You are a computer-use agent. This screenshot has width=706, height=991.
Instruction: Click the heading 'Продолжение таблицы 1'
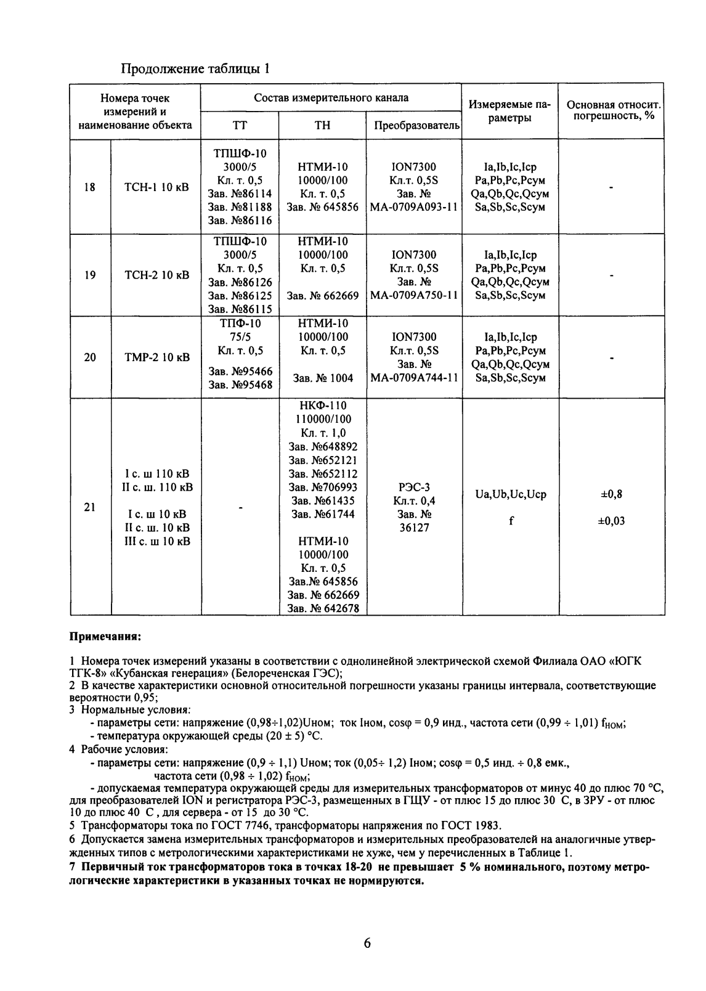[x=195, y=68]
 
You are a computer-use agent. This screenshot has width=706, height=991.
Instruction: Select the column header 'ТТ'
[x=240, y=126]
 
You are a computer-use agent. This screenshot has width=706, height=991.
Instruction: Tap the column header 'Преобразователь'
[x=417, y=126]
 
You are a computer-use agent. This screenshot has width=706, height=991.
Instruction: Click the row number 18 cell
[x=90, y=187]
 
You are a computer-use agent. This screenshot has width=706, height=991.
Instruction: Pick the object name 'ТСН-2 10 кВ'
[x=157, y=275]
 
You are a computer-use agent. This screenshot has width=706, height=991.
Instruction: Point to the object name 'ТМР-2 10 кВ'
[x=157, y=357]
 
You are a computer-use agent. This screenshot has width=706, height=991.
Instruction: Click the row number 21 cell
[x=90, y=507]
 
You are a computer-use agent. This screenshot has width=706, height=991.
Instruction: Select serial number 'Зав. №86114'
[x=240, y=194]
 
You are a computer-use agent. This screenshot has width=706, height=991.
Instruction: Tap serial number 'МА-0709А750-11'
[x=414, y=296]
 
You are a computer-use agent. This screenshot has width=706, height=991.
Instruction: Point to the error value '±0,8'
[x=611, y=494]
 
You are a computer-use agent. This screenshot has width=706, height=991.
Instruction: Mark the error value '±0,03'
[x=611, y=521]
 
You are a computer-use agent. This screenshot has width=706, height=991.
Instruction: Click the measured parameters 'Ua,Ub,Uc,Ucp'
[x=511, y=494]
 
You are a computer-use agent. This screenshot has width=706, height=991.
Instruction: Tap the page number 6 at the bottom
[x=367, y=944]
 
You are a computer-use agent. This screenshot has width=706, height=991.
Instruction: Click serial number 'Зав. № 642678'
[x=323, y=608]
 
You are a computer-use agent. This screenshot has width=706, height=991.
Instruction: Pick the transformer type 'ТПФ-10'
[x=240, y=324]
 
